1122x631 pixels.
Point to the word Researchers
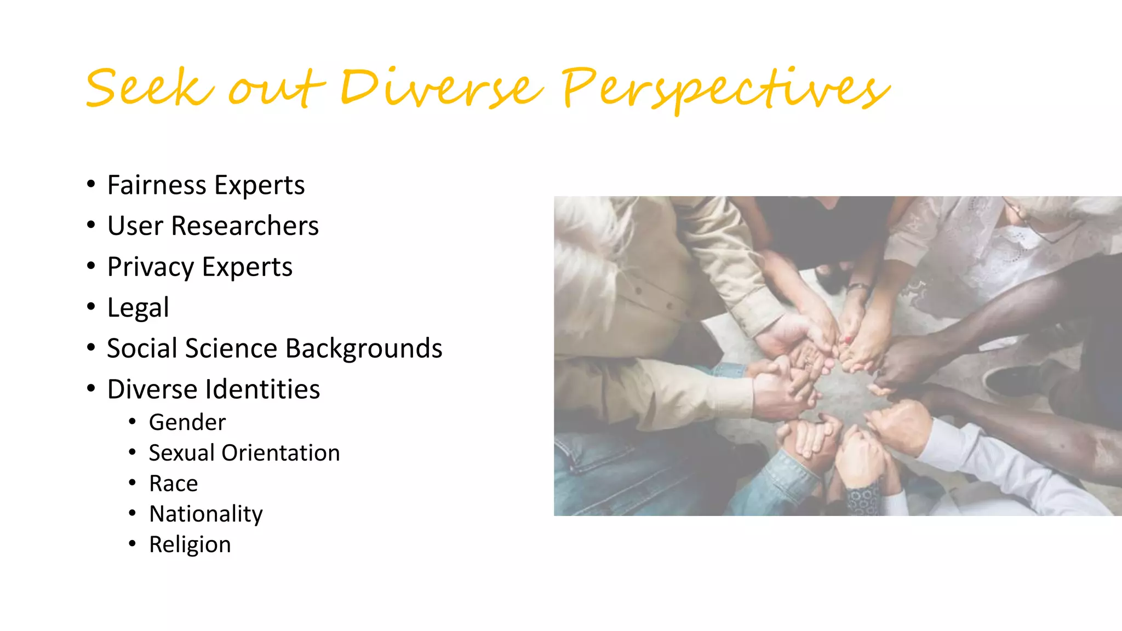point(245,226)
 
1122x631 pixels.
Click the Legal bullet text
point(138,308)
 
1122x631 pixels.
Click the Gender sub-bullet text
point(187,422)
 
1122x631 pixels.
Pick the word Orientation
point(280,453)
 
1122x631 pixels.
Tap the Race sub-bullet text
point(174,484)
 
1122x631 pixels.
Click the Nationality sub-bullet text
point(206,514)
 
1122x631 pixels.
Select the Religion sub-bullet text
point(190,545)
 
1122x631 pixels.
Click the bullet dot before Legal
point(91,307)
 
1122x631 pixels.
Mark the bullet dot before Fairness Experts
point(91,185)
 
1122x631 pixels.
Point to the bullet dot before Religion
point(132,544)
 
